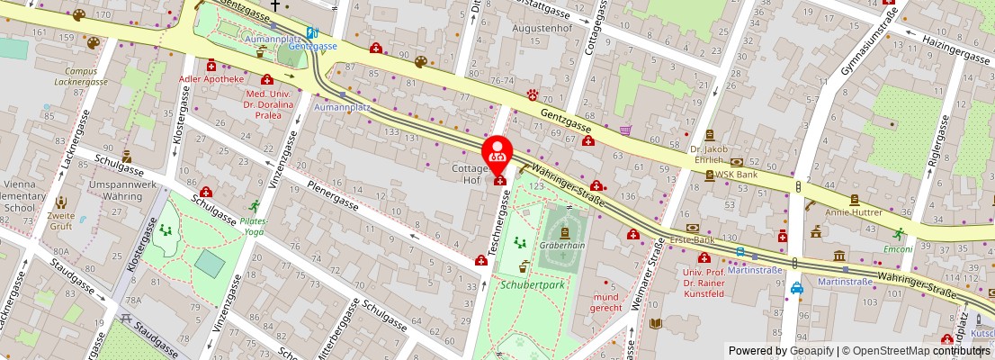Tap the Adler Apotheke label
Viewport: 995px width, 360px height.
pos(211,79)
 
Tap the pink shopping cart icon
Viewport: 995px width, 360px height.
pos(624,130)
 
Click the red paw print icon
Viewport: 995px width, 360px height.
pos(533,94)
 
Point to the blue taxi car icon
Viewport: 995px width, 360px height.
pos(797,289)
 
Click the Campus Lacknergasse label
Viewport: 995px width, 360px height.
pos(80,76)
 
